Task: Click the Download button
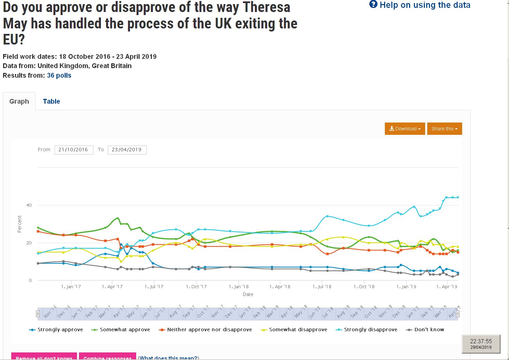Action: click(405, 129)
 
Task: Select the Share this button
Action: click(444, 129)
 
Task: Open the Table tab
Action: click(51, 101)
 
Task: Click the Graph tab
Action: click(19, 101)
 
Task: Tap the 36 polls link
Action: click(59, 75)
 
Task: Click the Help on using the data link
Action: click(420, 5)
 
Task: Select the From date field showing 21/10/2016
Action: click(74, 150)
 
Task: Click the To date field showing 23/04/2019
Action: click(127, 150)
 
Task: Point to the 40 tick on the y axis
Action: click(29, 205)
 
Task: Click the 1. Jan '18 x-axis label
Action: click(239, 287)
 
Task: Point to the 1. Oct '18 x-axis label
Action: click(364, 287)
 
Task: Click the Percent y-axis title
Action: click(19, 224)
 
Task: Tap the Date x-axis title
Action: click(248, 294)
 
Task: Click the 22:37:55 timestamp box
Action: click(481, 344)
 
